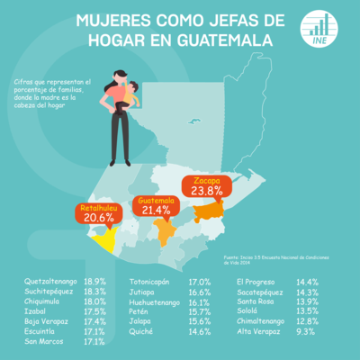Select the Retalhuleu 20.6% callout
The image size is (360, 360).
[99, 213]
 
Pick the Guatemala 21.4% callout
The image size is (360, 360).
[157, 206]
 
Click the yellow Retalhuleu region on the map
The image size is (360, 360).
[106, 239]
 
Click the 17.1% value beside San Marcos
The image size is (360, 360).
[94, 341]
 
